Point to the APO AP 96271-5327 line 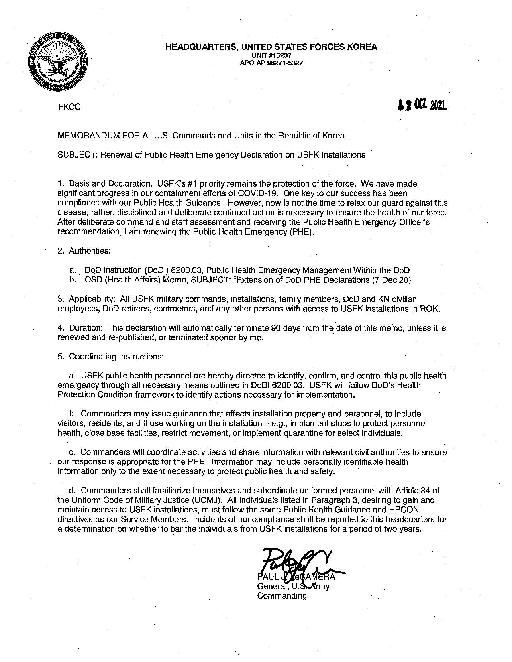pyautogui.click(x=271, y=63)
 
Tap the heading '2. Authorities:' pyautogui.click(x=84, y=251)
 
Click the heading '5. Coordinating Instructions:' pyautogui.click(x=111, y=357)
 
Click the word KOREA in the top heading pyautogui.click(x=362, y=47)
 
